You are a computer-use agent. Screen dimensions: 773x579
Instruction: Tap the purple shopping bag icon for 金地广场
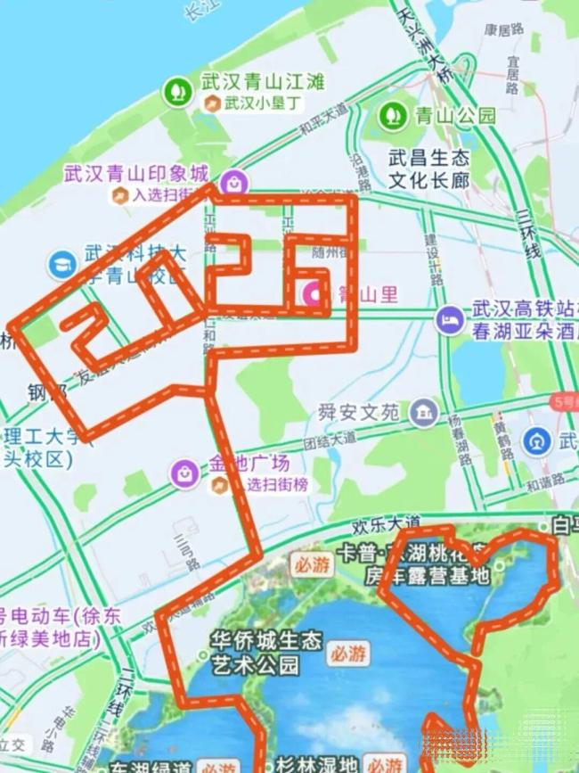pos(185,473)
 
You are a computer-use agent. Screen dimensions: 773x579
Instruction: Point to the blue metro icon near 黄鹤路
pos(536,442)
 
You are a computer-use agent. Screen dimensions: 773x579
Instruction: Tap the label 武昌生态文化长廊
pos(428,169)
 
